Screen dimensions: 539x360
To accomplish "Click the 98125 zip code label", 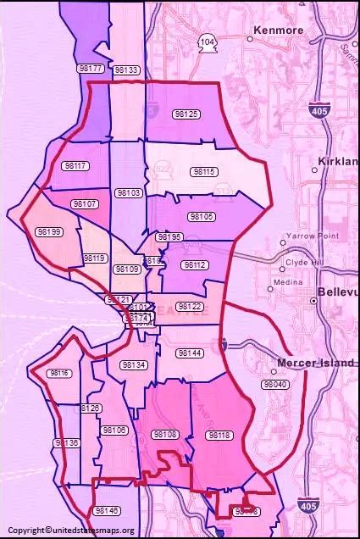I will (186, 114).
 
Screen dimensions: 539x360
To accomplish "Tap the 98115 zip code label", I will (204, 171).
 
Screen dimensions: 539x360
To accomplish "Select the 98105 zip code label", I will (201, 217).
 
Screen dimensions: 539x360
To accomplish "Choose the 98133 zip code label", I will (126, 70).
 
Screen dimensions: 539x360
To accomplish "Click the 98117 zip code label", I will (75, 166).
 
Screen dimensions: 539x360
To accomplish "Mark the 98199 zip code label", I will (49, 231).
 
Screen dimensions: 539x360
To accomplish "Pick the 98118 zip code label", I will (219, 435).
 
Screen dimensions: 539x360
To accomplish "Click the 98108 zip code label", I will (165, 434).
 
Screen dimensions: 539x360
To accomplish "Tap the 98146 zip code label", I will (107, 511).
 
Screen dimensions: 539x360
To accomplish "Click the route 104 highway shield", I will (208, 42).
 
